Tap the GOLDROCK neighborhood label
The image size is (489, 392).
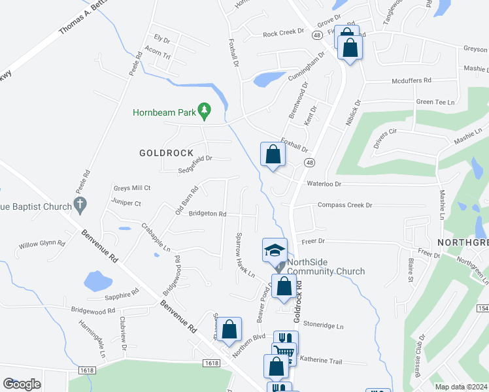click(x=167, y=153)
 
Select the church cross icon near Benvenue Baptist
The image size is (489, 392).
click(x=80, y=206)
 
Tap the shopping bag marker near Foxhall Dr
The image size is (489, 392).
click(x=273, y=155)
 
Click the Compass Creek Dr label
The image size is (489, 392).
click(x=345, y=205)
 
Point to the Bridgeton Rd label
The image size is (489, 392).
click(x=208, y=214)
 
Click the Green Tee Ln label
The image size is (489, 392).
click(x=435, y=102)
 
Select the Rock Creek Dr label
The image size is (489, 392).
click(x=284, y=32)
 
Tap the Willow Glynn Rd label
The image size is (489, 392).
click(x=42, y=244)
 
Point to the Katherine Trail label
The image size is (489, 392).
click(x=321, y=360)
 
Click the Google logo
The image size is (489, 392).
click(x=22, y=384)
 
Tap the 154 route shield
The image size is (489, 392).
click(x=482, y=308)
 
